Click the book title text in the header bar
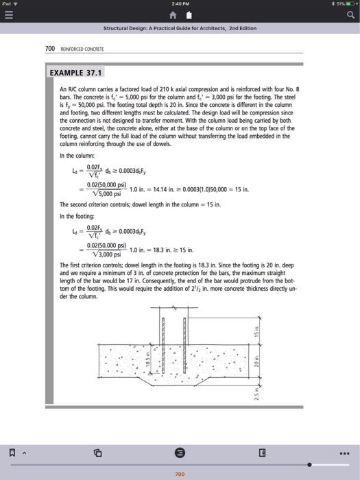tap(180, 29)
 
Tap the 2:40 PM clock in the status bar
tap(180, 5)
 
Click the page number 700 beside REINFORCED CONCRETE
tap(50, 49)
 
